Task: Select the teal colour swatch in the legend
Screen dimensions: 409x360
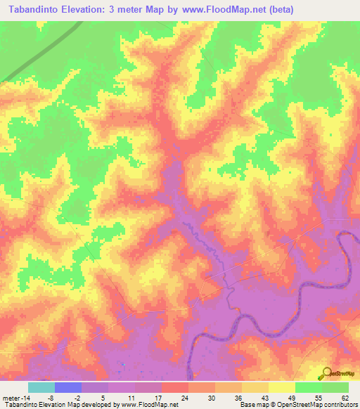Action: (x=41, y=387)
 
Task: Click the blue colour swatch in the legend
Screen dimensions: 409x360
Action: (x=68, y=387)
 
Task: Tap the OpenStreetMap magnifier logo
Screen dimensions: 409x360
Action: (x=326, y=373)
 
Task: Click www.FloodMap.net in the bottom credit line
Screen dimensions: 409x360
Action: (x=148, y=405)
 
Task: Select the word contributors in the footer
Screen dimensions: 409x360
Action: (x=339, y=405)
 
